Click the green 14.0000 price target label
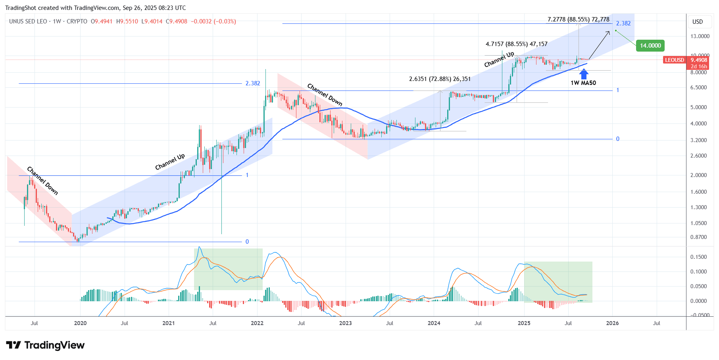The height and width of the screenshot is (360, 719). [x=650, y=46]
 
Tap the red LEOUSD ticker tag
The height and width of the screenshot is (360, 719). [x=675, y=60]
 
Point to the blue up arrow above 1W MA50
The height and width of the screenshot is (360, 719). [x=584, y=74]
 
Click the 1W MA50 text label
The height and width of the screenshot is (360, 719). [x=583, y=83]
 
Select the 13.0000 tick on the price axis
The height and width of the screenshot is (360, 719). [x=700, y=36]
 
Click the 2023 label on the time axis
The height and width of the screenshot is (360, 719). [x=345, y=323]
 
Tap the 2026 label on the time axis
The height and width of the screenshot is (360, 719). [x=612, y=323]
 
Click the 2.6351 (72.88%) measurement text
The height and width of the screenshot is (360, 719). [x=440, y=79]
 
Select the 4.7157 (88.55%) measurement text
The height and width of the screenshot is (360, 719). [x=516, y=44]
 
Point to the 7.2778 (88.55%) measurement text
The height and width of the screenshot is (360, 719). [x=578, y=19]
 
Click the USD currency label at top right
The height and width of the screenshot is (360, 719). [x=698, y=22]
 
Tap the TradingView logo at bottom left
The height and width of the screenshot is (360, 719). [x=45, y=345]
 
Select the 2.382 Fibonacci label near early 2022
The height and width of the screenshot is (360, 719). [x=253, y=83]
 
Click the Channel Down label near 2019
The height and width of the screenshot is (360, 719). [x=42, y=181]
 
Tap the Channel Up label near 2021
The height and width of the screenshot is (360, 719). [x=170, y=162]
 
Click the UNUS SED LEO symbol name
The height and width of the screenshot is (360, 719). [x=28, y=21]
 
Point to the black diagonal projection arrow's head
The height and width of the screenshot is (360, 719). [x=609, y=32]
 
